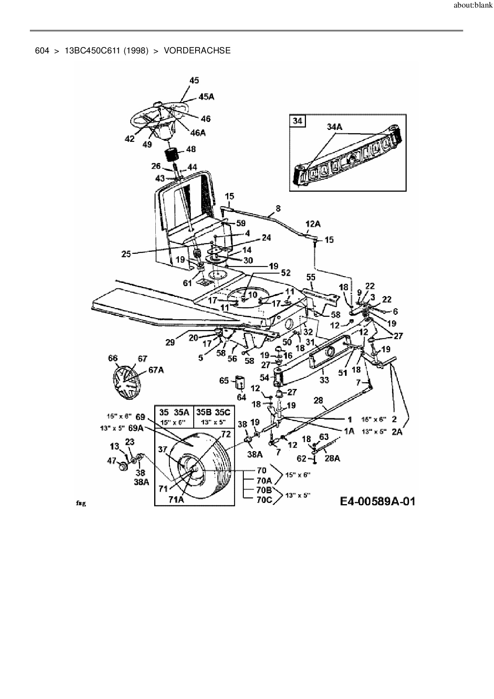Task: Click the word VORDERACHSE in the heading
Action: pyautogui.click(x=197, y=51)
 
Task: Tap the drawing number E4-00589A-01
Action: pyautogui.click(x=377, y=501)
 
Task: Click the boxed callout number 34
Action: pyautogui.click(x=298, y=120)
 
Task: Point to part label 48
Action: pyautogui.click(x=191, y=149)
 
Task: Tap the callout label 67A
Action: pyautogui.click(x=156, y=370)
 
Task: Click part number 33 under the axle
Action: pyautogui.click(x=324, y=380)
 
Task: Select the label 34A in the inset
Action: pyautogui.click(x=335, y=127)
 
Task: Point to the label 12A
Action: pyautogui.click(x=313, y=224)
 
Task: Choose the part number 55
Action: pyautogui.click(x=311, y=277)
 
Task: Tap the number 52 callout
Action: pyautogui.click(x=286, y=273)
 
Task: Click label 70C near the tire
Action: pyautogui.click(x=264, y=500)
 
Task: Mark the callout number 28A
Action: pyautogui.click(x=332, y=458)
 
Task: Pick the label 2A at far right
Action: pyautogui.click(x=397, y=432)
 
